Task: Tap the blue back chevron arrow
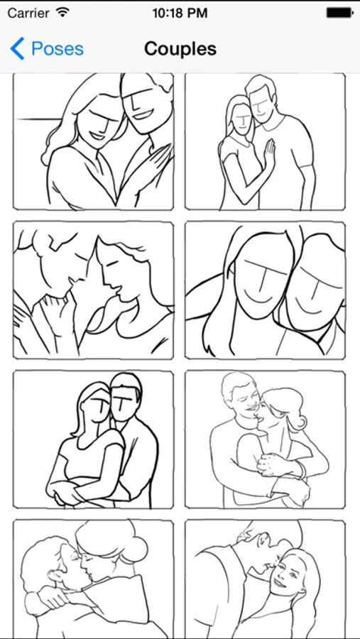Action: [17, 48]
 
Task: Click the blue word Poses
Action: [58, 49]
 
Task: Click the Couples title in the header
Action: [180, 49]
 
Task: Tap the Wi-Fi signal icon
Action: [62, 12]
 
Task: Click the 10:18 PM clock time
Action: [180, 13]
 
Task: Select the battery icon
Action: [339, 13]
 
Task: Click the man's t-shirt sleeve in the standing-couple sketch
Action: [305, 161]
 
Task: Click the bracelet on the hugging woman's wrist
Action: [301, 470]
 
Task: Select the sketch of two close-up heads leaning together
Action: [265, 290]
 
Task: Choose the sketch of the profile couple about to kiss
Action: [93, 290]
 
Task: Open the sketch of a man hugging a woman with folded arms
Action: [93, 439]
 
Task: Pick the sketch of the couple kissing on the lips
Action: [93, 579]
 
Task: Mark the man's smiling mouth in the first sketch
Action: [141, 114]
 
